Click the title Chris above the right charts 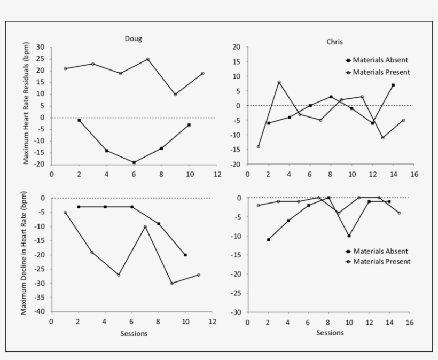click(x=335, y=42)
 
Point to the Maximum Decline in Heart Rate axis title click(x=25, y=255)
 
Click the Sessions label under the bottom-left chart click(x=134, y=334)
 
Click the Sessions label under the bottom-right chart click(x=330, y=332)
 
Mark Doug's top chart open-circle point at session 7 click(x=148, y=59)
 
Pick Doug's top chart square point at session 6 click(x=134, y=162)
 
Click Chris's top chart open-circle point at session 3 click(x=279, y=82)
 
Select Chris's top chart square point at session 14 click(x=393, y=85)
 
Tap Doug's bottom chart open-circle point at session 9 click(x=172, y=283)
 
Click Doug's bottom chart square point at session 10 click(x=185, y=255)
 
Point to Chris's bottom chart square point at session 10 click(x=349, y=236)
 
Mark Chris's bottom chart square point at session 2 click(x=268, y=239)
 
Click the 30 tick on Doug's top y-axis click(x=40, y=47)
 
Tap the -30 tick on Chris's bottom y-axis click(x=236, y=312)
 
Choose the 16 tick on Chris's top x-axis click(x=414, y=174)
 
